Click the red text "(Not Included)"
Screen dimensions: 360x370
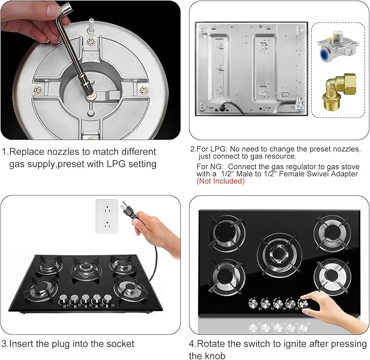pyautogui.click(x=221, y=182)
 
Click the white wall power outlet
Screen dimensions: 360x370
pyautogui.click(x=108, y=215)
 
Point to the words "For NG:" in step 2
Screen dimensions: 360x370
pyautogui.click(x=209, y=166)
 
